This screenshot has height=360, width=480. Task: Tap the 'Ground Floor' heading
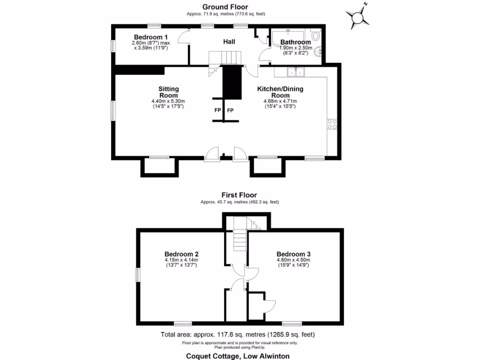pyautogui.click(x=225, y=7)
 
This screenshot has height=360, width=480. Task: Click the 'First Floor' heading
pyautogui.click(x=240, y=195)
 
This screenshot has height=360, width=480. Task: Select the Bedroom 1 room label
pyautogui.click(x=150, y=37)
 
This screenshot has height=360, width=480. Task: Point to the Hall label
pyautogui.click(x=229, y=42)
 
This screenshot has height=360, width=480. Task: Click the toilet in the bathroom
pyautogui.click(x=315, y=36)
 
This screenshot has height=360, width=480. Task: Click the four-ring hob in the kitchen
pyautogui.click(x=332, y=124)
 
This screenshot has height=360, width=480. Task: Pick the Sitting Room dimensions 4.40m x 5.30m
pyautogui.click(x=168, y=101)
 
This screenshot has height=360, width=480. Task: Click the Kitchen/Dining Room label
pyautogui.click(x=280, y=92)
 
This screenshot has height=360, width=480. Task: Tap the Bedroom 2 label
pyautogui.click(x=181, y=254)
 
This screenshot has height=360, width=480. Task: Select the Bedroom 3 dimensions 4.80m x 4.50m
pyautogui.click(x=293, y=260)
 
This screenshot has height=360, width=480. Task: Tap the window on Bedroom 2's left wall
pyautogui.click(x=138, y=275)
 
